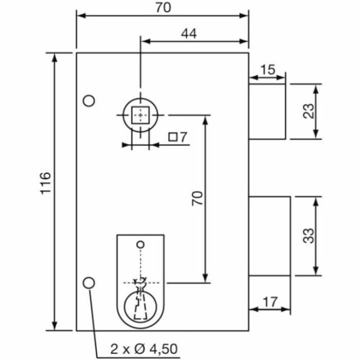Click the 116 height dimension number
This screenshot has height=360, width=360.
[x=45, y=183]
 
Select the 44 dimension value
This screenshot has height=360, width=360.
[x=189, y=34]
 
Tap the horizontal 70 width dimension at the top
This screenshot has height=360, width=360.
[x=163, y=8]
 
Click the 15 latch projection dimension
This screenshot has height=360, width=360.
[x=267, y=70]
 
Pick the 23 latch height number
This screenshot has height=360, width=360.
[x=309, y=111]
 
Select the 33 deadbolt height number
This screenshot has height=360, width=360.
[x=309, y=236]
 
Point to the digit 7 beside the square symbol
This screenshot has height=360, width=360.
[x=183, y=137]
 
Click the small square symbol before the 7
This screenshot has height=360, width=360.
[x=173, y=137]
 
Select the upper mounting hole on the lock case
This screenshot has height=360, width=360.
[x=89, y=101]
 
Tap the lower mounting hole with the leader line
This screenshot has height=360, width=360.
[x=89, y=283]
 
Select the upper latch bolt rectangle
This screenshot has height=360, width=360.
[x=267, y=112]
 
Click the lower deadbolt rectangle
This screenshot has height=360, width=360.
[x=269, y=236]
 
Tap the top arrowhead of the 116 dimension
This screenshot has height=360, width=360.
[x=55, y=57]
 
